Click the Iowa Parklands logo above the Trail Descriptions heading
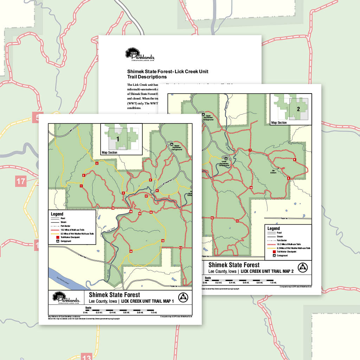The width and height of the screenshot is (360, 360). click(140, 55)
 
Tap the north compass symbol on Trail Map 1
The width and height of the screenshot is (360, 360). click(183, 297)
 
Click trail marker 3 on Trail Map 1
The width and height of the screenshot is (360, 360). click(97, 163)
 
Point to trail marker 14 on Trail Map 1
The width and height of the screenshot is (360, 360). click(131, 251)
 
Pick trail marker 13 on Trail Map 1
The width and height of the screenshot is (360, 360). click(163, 241)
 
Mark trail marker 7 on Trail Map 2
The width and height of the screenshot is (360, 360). click(250, 150)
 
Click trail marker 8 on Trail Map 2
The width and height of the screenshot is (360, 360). click(295, 160)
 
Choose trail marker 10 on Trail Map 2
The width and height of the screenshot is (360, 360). click(251, 187)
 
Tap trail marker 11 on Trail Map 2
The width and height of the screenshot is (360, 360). click(238, 221)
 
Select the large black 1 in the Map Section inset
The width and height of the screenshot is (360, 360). click(118, 139)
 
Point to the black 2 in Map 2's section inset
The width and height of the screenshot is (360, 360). click(298, 109)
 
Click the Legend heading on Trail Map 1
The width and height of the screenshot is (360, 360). click(57, 214)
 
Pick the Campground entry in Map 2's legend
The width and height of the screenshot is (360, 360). click(282, 256)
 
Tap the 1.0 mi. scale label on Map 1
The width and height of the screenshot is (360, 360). click(154, 312)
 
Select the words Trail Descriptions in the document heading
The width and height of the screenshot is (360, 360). click(147, 77)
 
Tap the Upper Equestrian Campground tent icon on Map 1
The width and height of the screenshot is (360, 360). click(172, 144)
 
